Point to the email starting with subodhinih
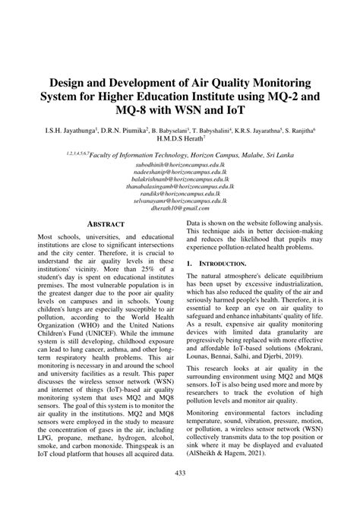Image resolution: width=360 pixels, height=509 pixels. (179, 163)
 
